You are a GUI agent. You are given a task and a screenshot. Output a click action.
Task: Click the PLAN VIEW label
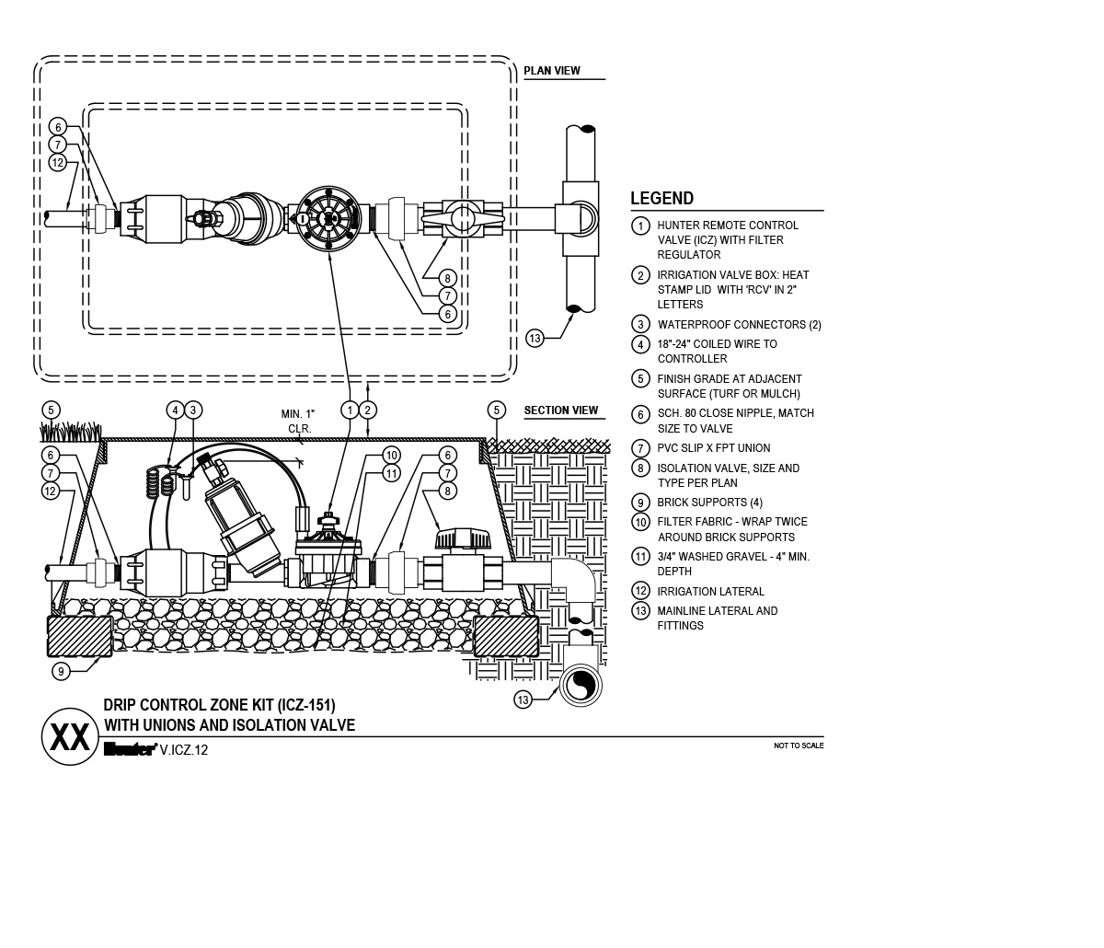coord(552,71)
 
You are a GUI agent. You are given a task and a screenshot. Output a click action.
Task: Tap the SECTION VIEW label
coord(561,410)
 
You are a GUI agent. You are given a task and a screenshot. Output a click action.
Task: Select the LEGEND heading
coord(661,198)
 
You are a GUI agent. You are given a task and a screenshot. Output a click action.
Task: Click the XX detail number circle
coord(70,737)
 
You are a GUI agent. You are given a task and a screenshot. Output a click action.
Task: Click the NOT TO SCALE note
coord(799,746)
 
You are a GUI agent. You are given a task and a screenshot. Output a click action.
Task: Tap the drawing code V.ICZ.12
coord(184,750)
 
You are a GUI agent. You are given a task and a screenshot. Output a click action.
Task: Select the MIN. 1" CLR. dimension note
coord(299,422)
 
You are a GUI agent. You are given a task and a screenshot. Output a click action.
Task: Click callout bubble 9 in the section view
coord(61,671)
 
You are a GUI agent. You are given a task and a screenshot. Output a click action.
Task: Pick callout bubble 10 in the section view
coord(392,456)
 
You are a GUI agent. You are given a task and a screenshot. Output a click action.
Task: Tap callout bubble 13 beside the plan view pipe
coord(535,339)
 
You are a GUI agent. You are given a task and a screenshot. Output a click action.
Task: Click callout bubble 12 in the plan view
coord(58,162)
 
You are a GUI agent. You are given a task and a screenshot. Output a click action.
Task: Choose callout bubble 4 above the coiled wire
coord(175,410)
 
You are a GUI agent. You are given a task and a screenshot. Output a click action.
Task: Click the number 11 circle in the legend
coord(640,557)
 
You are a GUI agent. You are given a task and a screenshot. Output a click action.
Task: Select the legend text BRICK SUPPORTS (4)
coord(710,503)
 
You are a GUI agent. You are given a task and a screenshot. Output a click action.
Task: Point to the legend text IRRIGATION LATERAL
coord(711,592)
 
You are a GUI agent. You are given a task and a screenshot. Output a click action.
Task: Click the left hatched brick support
coord(80,637)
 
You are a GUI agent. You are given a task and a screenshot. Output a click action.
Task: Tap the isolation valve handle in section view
coord(463,538)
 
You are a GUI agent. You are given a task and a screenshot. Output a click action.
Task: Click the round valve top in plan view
coord(328,218)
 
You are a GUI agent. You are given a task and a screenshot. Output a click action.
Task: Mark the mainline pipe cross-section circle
coord(580,686)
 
